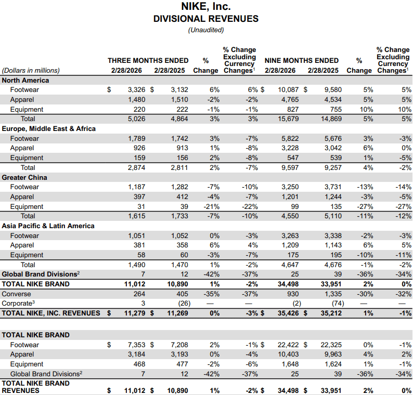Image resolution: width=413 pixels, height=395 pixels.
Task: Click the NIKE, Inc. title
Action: (206, 7)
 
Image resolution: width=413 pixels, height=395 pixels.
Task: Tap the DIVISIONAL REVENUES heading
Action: (206, 19)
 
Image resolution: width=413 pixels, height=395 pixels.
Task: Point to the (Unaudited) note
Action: (206, 30)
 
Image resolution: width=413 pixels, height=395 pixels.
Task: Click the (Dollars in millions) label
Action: (31, 71)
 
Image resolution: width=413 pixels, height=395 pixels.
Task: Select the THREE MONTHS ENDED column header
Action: (148, 61)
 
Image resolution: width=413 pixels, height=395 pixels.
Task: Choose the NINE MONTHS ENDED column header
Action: (302, 61)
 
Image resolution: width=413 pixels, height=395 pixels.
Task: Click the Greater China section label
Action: (24, 177)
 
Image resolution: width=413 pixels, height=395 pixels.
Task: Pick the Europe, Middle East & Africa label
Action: (49, 128)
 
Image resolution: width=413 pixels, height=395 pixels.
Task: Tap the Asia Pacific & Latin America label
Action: (48, 226)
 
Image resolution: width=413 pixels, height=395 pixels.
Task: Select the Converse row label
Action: (17, 294)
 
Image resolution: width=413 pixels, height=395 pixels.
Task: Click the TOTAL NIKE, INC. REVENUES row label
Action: (51, 313)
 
